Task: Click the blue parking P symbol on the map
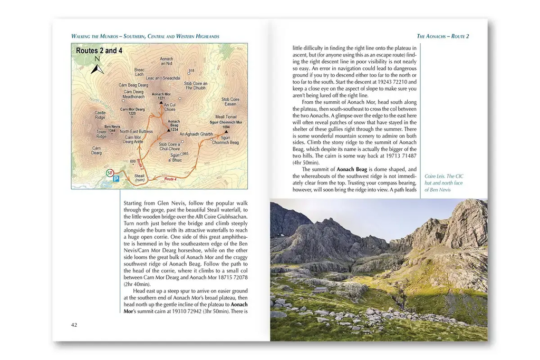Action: click(116, 179)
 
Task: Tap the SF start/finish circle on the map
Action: click(110, 173)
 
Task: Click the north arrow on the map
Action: click(98, 67)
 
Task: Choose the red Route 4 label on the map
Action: click(170, 179)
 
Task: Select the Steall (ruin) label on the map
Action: click(139, 178)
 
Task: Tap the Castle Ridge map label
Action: click(100, 115)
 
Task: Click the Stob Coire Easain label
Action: click(230, 102)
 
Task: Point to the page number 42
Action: click(74, 325)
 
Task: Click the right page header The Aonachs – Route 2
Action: click(442, 36)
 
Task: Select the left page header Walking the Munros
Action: click(145, 36)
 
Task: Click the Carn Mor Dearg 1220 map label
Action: click(132, 111)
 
